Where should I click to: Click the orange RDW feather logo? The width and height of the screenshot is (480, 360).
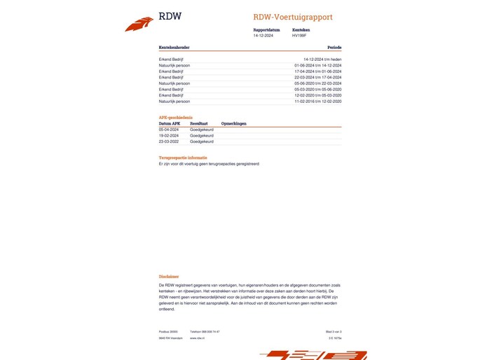[x=139, y=25]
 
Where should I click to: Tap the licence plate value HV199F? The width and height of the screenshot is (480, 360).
[x=299, y=35]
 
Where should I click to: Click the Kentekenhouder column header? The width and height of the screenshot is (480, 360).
[x=174, y=48]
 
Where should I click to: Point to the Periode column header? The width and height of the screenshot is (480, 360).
[x=334, y=48]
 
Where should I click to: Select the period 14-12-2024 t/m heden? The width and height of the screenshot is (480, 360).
[x=322, y=60]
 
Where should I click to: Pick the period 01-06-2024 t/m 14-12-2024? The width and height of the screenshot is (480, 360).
[x=318, y=65]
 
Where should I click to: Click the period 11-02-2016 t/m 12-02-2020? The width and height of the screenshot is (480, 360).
[x=318, y=101]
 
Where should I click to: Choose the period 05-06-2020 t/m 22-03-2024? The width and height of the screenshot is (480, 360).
[x=318, y=83]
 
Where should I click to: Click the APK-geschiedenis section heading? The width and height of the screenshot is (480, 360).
[x=176, y=117]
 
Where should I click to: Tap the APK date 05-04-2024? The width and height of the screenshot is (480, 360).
[x=169, y=130]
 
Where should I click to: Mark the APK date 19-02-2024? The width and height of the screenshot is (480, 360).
[x=169, y=135]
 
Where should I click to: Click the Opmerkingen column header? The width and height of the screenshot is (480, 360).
[x=233, y=123]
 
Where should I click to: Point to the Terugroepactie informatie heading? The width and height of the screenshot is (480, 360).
[x=183, y=158]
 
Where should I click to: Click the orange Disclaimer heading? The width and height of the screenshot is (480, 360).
[x=169, y=277]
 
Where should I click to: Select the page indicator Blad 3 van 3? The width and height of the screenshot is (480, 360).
[x=333, y=331]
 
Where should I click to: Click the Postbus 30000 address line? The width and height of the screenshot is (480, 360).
[x=169, y=331]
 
